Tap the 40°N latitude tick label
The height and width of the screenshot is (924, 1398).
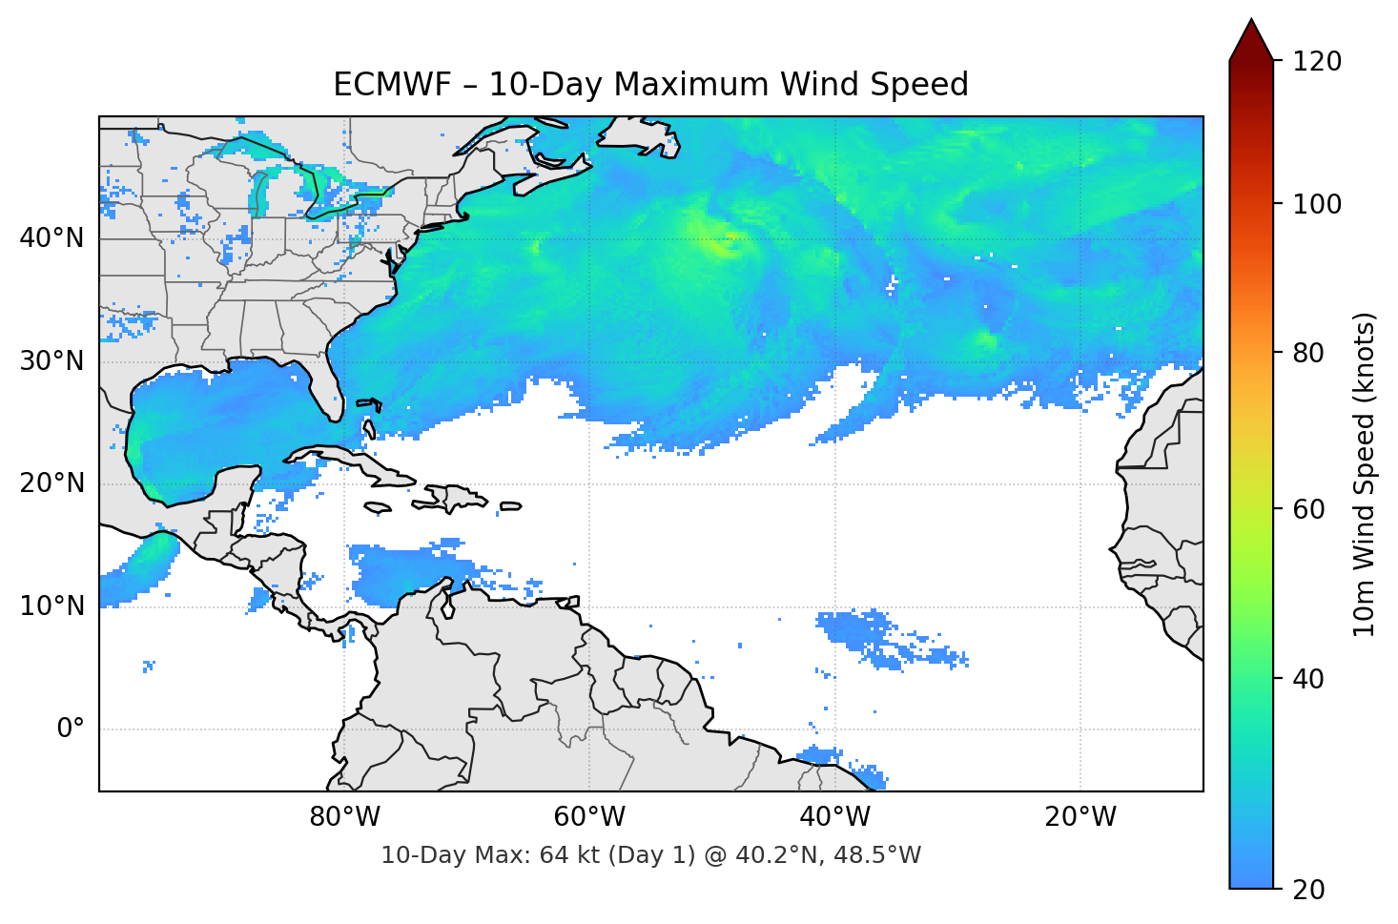(51, 238)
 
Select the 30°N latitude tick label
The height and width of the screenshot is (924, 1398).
(51, 361)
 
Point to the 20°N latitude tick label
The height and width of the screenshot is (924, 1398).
(51, 483)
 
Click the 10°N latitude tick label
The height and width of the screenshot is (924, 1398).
(51, 606)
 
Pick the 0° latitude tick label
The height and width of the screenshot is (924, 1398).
(71, 729)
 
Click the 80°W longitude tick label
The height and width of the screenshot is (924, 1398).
(344, 817)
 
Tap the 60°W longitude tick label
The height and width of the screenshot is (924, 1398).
(589, 817)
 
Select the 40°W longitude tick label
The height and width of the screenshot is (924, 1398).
(835, 817)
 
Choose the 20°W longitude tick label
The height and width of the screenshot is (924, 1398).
(1080, 817)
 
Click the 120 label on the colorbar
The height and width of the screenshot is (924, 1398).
(1317, 62)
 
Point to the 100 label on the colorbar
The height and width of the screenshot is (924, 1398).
(1317, 204)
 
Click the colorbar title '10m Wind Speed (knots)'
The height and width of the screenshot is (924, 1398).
(1365, 475)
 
